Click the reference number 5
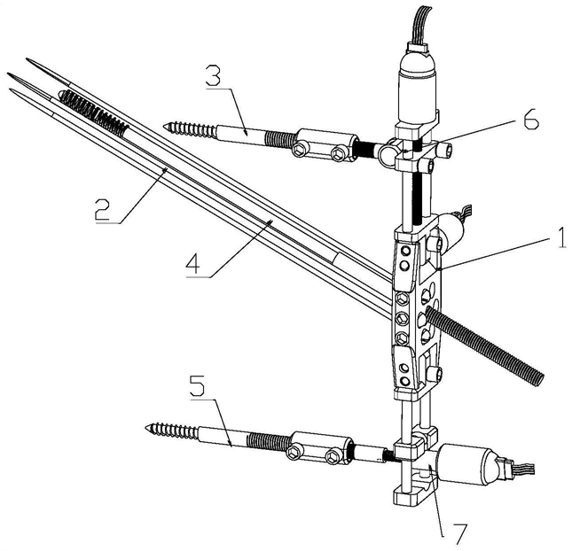pos(200,387)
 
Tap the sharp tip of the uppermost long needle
pos(29,60)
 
